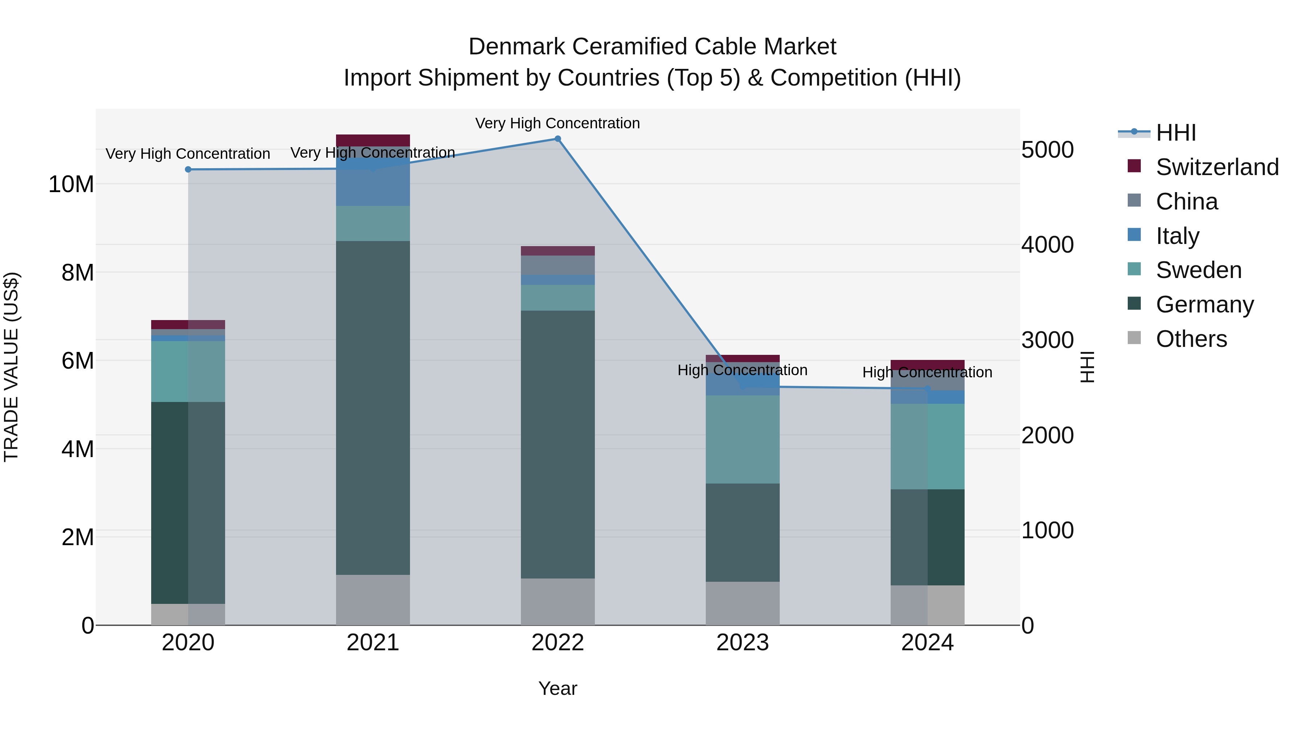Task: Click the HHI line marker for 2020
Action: pos(188,169)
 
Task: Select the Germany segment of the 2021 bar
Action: pos(373,408)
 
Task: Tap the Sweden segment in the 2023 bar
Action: pos(743,439)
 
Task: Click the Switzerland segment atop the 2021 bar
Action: pos(373,140)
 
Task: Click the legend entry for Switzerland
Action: pos(1217,167)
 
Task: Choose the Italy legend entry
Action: pos(1177,236)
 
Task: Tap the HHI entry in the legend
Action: pos(1175,133)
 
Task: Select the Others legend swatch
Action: pos(1134,338)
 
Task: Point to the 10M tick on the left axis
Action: pos(71,184)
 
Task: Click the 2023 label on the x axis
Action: pos(743,643)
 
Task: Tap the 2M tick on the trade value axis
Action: pos(78,537)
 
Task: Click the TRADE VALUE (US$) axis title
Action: pos(11,367)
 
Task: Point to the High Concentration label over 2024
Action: pos(927,372)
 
